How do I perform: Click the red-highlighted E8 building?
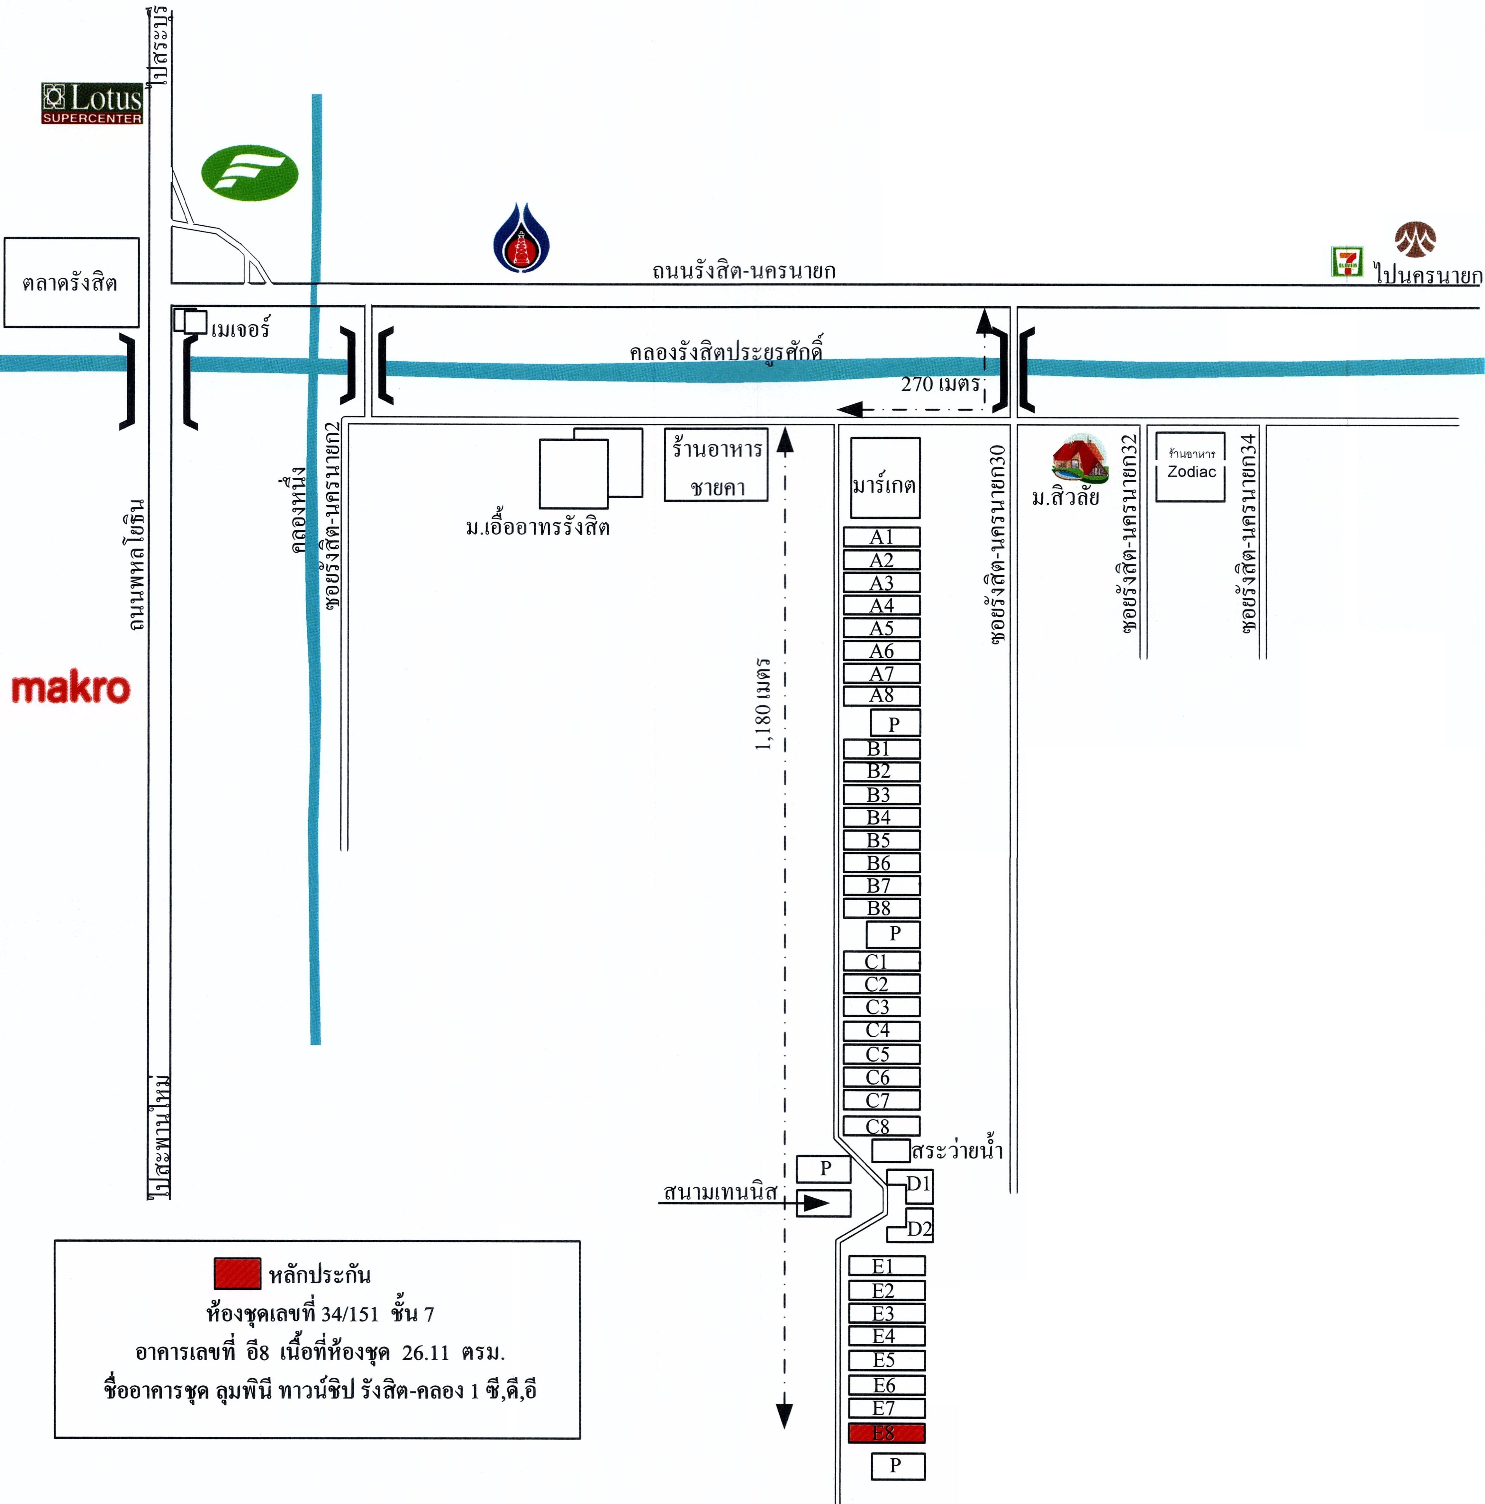pyautogui.click(x=886, y=1433)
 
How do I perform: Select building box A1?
pyautogui.click(x=882, y=537)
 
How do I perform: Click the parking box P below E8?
pyautogui.click(x=897, y=1466)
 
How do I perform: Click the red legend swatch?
pyautogui.click(x=238, y=1273)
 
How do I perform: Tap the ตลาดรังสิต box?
pyautogui.click(x=71, y=282)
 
